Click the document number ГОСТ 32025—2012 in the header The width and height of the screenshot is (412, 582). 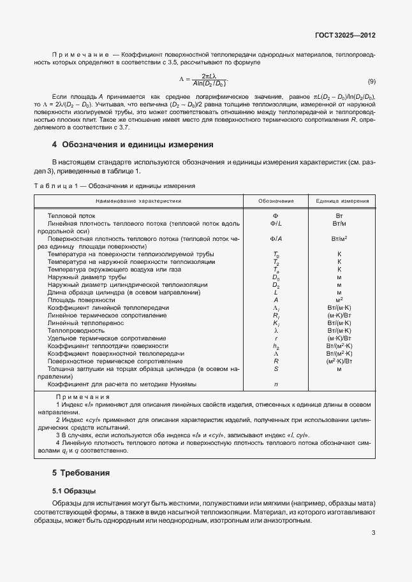coord(345,35)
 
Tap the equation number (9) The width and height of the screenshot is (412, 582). coord(371,81)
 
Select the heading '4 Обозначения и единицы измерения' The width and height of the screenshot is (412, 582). coord(133,145)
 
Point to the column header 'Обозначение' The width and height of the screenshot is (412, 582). coord(276,201)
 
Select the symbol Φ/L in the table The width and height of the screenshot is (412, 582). coord(276,224)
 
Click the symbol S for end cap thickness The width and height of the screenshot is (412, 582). coord(276,369)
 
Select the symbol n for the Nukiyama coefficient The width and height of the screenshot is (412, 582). coord(276,384)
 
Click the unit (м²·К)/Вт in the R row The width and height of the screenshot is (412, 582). coord(339,361)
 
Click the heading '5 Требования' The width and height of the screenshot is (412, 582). coord(82,473)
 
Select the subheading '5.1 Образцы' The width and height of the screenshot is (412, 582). coord(74,491)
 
